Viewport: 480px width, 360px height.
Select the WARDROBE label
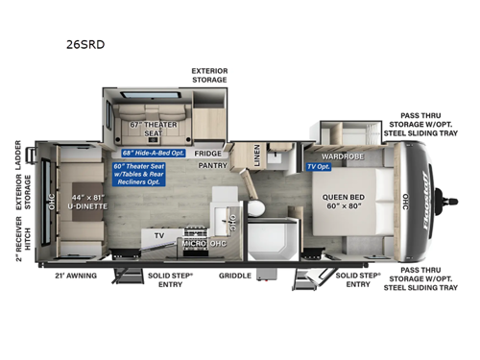pos(343,154)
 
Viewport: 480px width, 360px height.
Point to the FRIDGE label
pos(209,154)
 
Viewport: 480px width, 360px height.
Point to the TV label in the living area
pos(160,234)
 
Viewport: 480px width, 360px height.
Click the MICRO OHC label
pos(203,243)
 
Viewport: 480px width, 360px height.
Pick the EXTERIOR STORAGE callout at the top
pos(208,76)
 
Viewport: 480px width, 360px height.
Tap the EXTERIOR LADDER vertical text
pos(19,157)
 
